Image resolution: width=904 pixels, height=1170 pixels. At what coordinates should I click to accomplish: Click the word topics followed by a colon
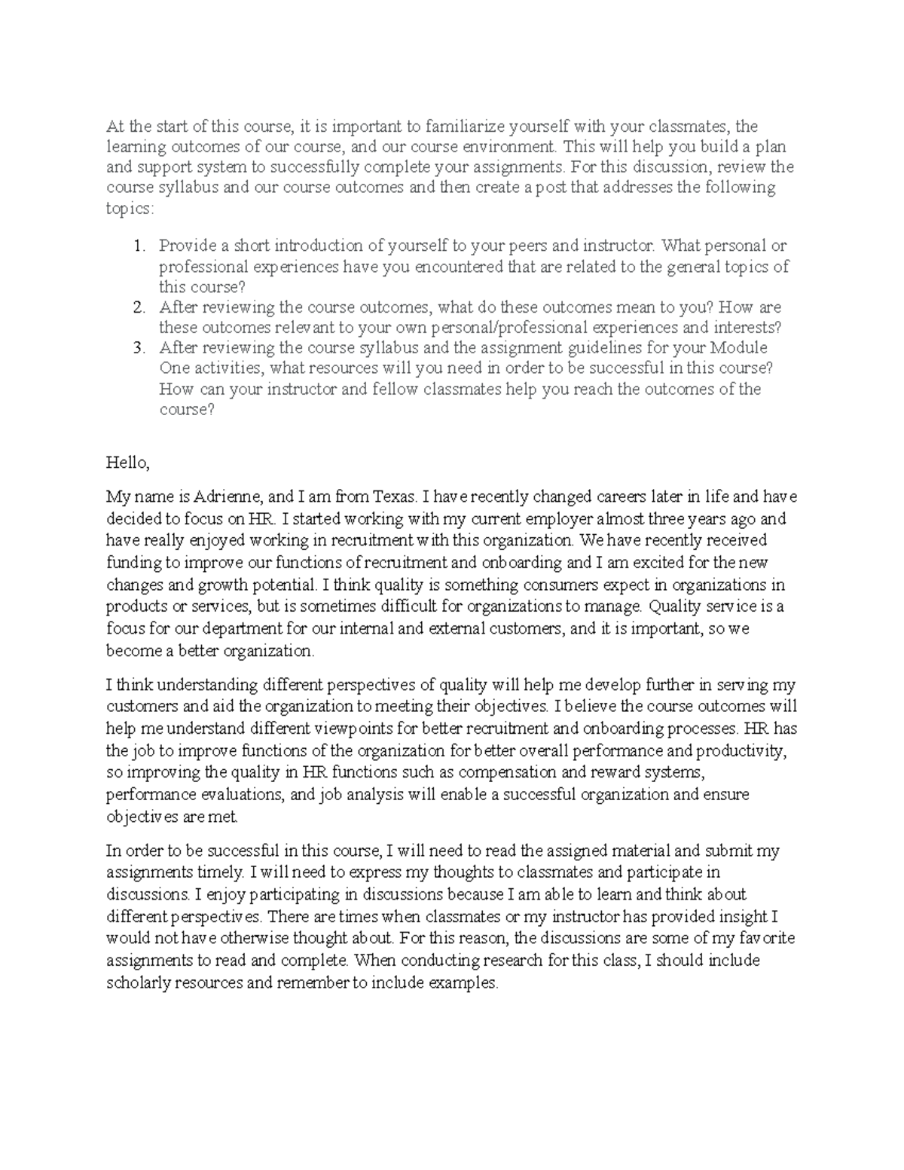[129, 208]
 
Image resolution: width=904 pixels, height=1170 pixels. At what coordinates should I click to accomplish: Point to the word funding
[133, 563]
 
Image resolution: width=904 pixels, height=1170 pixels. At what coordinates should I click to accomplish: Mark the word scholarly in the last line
[136, 983]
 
